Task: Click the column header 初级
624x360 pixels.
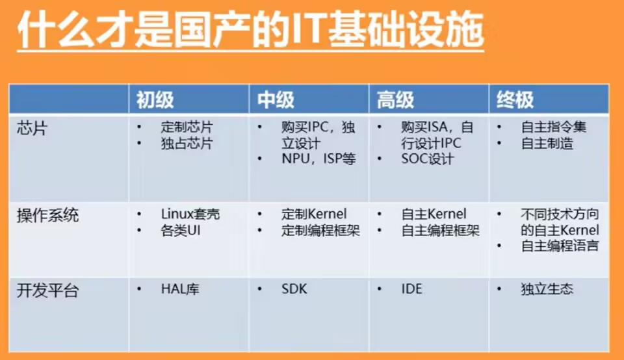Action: point(155,100)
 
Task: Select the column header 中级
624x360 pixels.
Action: point(276,100)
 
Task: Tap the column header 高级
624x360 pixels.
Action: point(395,100)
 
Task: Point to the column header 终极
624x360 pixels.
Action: point(515,100)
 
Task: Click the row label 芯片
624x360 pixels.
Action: point(32,129)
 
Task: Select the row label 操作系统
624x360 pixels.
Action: point(47,216)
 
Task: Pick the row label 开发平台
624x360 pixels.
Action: point(47,290)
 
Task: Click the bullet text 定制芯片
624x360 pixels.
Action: point(187,127)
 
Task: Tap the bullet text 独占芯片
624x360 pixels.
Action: point(187,143)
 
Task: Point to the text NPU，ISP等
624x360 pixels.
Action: point(318,159)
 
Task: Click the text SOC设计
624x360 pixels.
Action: point(428,159)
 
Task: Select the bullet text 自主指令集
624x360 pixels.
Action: point(554,127)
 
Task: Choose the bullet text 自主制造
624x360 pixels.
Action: point(547,143)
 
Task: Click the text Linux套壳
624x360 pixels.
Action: point(190,214)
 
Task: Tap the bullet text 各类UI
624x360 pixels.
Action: point(181,230)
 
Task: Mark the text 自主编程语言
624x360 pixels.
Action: point(560,246)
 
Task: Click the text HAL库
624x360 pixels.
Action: point(180,289)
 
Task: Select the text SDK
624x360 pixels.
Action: point(294,289)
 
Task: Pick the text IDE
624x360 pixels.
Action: point(411,289)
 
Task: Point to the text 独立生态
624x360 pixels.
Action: point(547,289)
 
